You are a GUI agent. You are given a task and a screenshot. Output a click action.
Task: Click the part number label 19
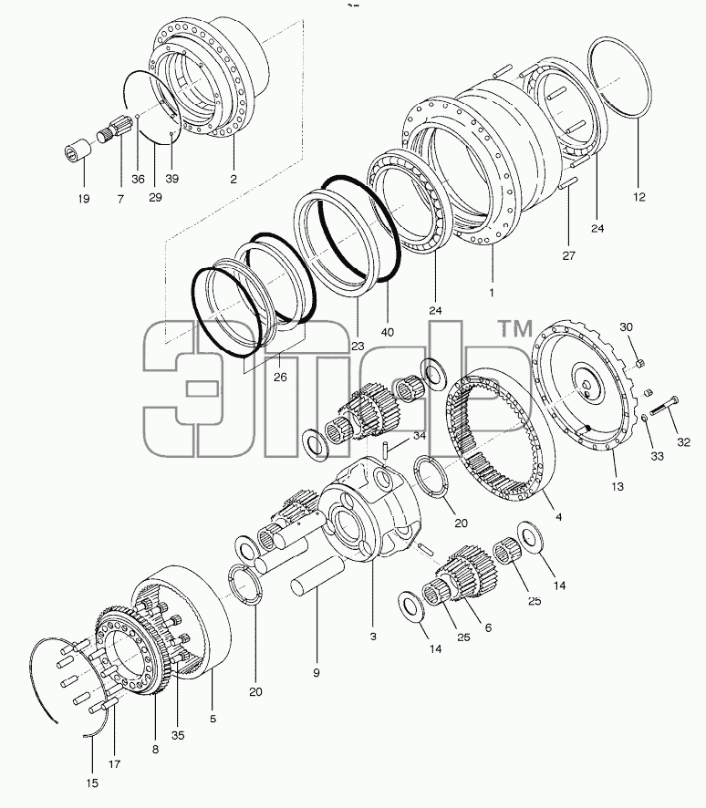coord(84,199)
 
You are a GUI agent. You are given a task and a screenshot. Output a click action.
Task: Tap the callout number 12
coord(639,196)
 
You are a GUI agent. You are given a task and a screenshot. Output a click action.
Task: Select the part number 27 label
coord(568,255)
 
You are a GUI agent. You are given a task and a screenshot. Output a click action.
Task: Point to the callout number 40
coord(387,332)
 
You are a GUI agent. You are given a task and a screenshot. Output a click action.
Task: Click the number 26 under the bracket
coord(280,378)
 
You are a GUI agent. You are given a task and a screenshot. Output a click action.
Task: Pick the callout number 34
coord(420,436)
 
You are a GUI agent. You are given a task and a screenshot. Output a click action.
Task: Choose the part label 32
coord(683,442)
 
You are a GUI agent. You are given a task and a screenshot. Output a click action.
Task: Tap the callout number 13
coord(617,486)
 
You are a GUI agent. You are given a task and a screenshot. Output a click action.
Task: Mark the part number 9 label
coord(317,672)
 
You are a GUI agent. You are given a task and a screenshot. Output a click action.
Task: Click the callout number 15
coord(92,783)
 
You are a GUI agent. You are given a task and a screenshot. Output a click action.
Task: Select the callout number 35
coord(178,735)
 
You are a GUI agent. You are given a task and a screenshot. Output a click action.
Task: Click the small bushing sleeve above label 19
coord(78,149)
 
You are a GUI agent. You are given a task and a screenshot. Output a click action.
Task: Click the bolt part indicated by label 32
coord(665,406)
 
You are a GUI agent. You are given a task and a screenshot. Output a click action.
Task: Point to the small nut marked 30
coord(639,364)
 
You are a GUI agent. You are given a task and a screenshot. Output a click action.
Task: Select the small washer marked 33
coord(645,418)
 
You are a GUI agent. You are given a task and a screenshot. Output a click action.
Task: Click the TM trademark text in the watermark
coord(514,328)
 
